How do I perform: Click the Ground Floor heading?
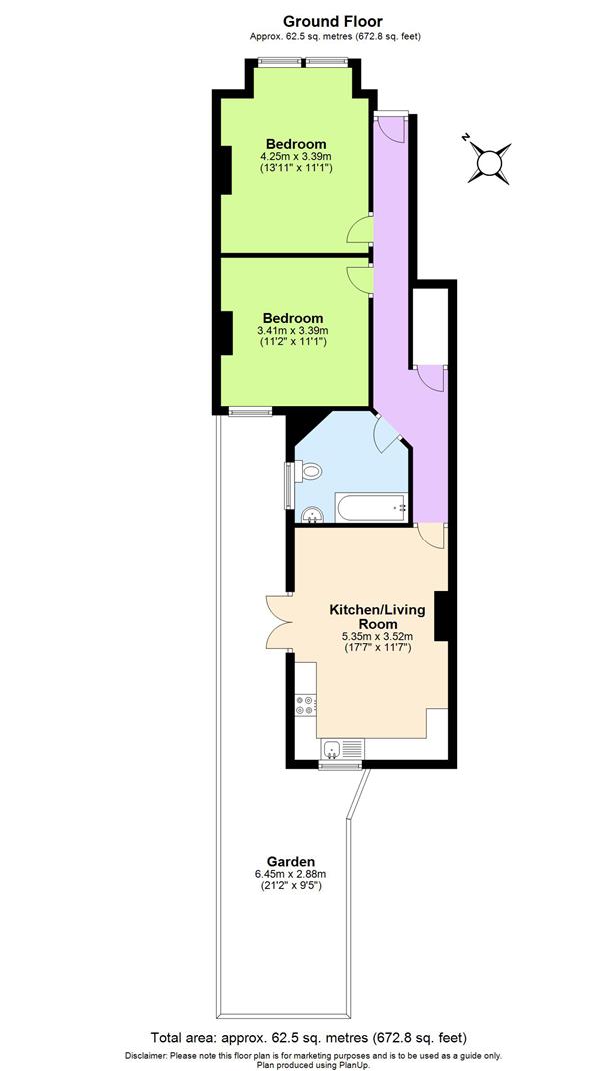[x=318, y=21]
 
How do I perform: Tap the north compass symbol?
[x=491, y=161]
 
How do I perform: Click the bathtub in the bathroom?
[x=371, y=508]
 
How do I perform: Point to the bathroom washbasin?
[x=312, y=515]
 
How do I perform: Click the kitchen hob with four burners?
[x=305, y=705]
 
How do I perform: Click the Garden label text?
[x=291, y=861]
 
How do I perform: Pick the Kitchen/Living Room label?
[x=371, y=615]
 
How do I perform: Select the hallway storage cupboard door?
[x=430, y=378]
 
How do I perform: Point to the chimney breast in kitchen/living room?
[x=439, y=617]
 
